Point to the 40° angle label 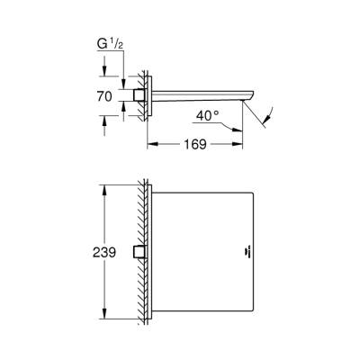[x=208, y=115]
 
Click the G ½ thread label [x=105, y=43]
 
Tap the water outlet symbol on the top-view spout [x=245, y=252]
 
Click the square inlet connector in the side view [x=139, y=94]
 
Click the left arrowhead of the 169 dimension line [x=152, y=142]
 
